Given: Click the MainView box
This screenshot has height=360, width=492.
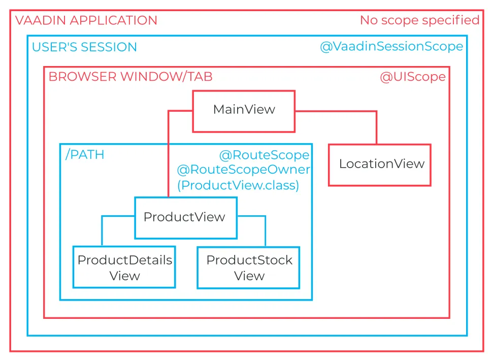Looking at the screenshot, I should coord(244,111).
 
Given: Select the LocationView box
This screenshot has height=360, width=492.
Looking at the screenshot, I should coord(380,165).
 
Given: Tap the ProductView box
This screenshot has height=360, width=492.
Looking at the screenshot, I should coord(185,217).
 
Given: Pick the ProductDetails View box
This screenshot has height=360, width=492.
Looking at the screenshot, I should coord(124,268).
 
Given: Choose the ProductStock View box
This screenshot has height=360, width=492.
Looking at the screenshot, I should coord(248,268).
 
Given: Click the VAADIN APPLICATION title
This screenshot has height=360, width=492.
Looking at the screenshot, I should coord(86,21).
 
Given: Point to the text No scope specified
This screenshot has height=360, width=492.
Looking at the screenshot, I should coord(419,20).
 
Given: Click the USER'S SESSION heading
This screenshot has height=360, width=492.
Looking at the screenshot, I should coord(84,47).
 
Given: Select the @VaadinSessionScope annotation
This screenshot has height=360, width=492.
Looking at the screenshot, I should coord(391,47).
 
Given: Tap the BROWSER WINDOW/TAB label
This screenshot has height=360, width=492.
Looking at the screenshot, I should coord(130,77).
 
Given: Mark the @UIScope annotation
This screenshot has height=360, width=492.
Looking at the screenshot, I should coord(412,77).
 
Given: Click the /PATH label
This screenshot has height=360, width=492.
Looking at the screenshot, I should coord(85,155).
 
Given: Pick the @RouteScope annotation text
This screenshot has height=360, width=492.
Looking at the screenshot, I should coord(264,155).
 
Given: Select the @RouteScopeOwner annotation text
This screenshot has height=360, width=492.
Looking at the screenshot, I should coord(243,170).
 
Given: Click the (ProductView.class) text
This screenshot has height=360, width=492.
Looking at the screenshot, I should coord(238,185).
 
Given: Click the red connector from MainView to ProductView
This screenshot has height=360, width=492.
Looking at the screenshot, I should coord(168,152).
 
